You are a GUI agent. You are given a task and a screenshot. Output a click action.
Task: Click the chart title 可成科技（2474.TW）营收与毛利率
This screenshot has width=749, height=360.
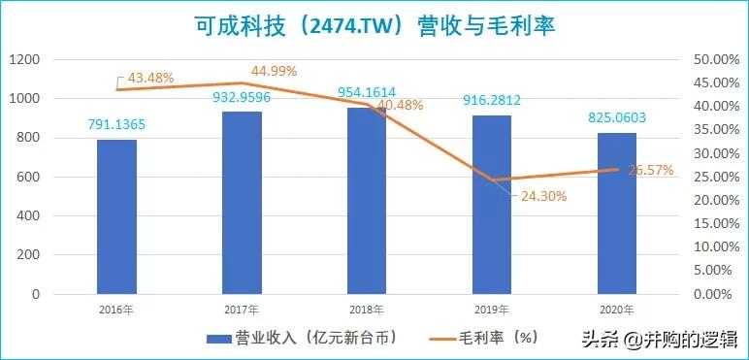(x=374, y=23)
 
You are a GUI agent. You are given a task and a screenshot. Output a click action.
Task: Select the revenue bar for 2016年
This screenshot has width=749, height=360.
(x=116, y=216)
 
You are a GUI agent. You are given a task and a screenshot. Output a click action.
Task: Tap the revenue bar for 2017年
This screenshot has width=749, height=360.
(x=242, y=203)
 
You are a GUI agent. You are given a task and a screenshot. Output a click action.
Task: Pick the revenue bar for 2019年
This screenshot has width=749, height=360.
(x=492, y=205)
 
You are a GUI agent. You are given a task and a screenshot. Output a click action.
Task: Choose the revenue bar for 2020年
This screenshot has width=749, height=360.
(x=617, y=213)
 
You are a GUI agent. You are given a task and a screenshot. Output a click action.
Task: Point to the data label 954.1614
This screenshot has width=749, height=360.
(x=367, y=91)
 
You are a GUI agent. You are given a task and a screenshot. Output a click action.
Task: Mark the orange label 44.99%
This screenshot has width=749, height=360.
(x=274, y=71)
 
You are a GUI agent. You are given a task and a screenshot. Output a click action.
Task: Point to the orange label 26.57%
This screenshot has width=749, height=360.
(x=649, y=171)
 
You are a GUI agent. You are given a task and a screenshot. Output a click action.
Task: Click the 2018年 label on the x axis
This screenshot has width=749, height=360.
(x=367, y=310)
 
